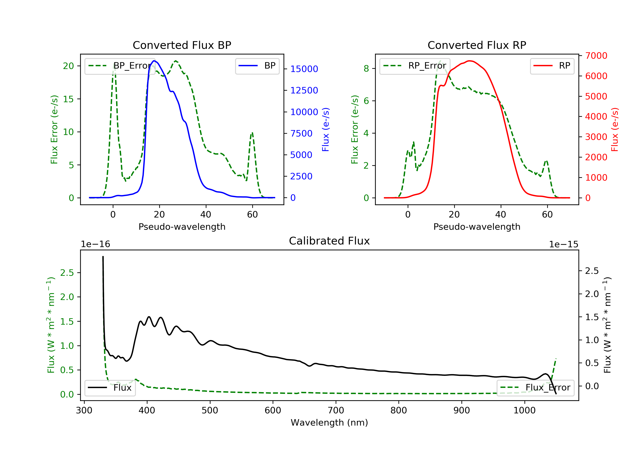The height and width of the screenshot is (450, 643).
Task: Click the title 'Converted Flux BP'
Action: click(x=182, y=45)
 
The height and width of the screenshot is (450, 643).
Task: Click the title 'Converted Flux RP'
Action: click(x=477, y=45)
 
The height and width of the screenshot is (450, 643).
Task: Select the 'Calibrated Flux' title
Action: click(x=329, y=241)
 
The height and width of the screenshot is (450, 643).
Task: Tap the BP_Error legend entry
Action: click(x=120, y=66)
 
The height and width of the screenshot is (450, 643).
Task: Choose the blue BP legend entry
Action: click(x=257, y=66)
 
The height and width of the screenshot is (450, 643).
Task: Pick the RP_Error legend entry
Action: click(x=415, y=66)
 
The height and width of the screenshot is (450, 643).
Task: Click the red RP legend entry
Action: click(x=552, y=66)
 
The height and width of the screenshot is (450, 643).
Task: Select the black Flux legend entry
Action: click(x=110, y=388)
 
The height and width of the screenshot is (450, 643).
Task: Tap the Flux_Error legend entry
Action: click(x=535, y=388)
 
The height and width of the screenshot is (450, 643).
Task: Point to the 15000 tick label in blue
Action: click(x=304, y=69)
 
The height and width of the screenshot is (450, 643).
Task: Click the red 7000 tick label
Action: click(x=596, y=56)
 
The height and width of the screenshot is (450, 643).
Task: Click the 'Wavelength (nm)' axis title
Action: click(x=329, y=423)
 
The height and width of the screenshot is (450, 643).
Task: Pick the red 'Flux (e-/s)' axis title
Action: click(x=615, y=130)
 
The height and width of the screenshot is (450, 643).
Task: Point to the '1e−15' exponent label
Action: click(x=563, y=244)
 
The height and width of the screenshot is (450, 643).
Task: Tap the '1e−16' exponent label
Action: click(x=96, y=244)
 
